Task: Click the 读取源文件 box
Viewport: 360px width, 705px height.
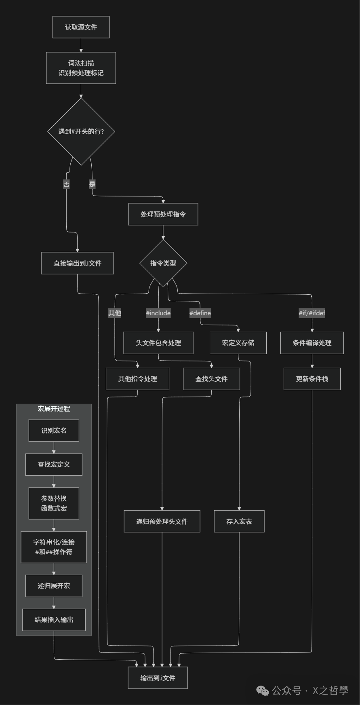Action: pyautogui.click(x=81, y=27)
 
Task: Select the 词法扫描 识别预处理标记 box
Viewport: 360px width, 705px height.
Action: pyautogui.click(x=81, y=68)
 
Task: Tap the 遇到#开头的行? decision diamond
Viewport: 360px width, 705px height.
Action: pyautogui.click(x=81, y=131)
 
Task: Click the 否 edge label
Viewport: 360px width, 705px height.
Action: pyautogui.click(x=66, y=184)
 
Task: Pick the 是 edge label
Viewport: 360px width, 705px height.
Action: pyautogui.click(x=92, y=184)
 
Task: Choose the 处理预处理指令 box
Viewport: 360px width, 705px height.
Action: pyautogui.click(x=163, y=214)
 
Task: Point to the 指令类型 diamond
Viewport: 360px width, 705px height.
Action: pyautogui.click(x=163, y=263)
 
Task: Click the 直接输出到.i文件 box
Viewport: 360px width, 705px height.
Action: pyautogui.click(x=77, y=263)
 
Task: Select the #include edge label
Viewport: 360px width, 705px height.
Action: pyautogui.click(x=158, y=313)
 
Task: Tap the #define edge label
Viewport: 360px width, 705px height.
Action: pyautogui.click(x=200, y=313)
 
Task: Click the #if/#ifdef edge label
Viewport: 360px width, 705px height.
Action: pyautogui.click(x=312, y=313)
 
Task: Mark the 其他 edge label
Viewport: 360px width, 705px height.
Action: pyautogui.click(x=115, y=313)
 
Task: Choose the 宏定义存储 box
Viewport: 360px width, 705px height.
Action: pyautogui.click(x=238, y=343)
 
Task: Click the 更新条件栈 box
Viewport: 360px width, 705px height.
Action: pyautogui.click(x=312, y=379)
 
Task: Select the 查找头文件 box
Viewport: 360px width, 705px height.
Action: pyautogui.click(x=211, y=379)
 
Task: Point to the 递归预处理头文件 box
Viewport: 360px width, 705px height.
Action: pyautogui.click(x=162, y=521)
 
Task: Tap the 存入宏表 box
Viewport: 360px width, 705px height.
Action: pyautogui.click(x=239, y=521)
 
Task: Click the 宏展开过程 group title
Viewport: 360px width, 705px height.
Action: pyautogui.click(x=54, y=409)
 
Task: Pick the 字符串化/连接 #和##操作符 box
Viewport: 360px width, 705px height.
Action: pyautogui.click(x=54, y=547)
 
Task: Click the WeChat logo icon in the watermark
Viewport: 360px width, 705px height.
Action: pyautogui.click(x=263, y=691)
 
